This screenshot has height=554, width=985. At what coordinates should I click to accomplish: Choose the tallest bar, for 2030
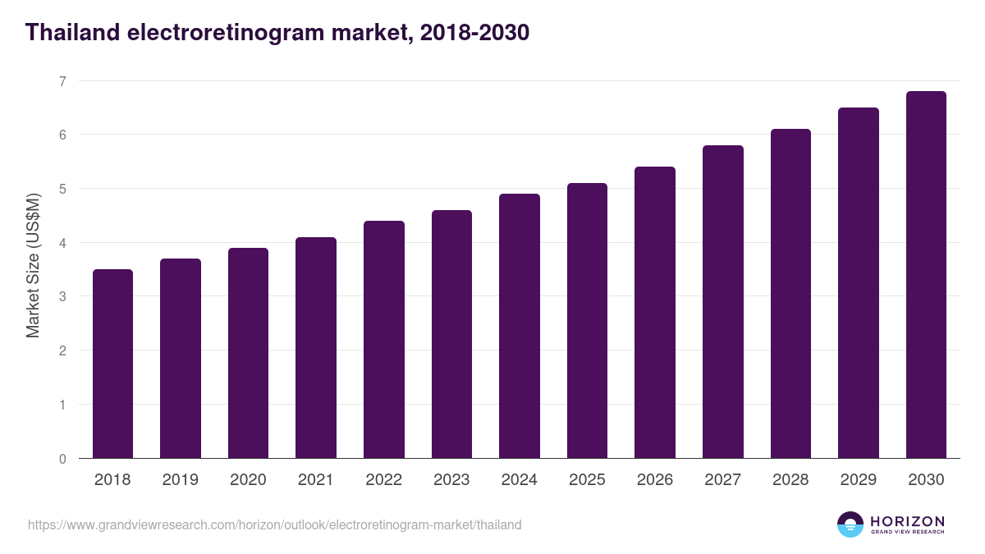tap(926, 274)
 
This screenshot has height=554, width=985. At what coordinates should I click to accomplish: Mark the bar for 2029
tap(859, 282)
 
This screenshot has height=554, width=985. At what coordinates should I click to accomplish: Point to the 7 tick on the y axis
tap(62, 81)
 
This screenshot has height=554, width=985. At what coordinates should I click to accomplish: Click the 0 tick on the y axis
tap(62, 459)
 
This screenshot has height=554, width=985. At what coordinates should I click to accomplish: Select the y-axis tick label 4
tap(62, 243)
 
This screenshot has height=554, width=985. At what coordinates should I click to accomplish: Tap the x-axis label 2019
tap(180, 480)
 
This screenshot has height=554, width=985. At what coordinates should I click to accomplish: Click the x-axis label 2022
tap(383, 480)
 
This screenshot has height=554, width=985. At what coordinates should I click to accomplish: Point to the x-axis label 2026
tap(654, 480)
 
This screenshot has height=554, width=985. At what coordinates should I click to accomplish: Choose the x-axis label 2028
tap(790, 480)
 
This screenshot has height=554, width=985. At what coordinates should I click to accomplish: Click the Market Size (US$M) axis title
tap(33, 265)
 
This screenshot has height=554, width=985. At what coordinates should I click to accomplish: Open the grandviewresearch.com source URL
tap(274, 524)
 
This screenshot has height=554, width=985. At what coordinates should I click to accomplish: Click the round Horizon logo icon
tap(850, 524)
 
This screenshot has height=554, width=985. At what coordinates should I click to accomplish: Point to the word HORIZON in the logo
tap(907, 521)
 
